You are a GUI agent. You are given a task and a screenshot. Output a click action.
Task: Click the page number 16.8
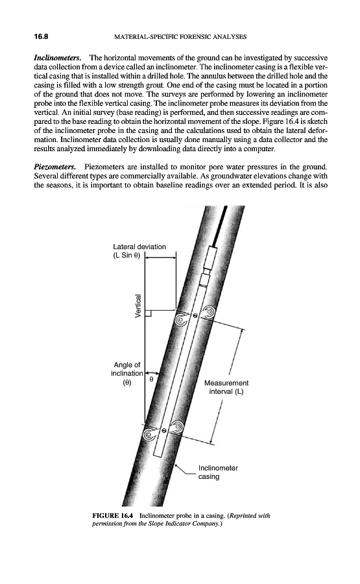point(42,36)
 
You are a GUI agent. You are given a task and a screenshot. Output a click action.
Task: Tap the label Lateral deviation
point(139,247)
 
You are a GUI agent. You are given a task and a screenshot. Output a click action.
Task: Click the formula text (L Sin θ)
point(126,256)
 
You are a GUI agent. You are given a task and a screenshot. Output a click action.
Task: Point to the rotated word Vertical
point(138,306)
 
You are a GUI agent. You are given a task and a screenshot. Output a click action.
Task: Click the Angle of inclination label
point(127,374)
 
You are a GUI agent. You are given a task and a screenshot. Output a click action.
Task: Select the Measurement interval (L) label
point(226,387)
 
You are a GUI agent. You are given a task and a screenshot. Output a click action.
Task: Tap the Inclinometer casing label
point(218,472)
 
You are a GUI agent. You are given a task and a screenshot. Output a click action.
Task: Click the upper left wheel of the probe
point(182,319)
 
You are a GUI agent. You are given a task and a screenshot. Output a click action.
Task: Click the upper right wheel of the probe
point(208,312)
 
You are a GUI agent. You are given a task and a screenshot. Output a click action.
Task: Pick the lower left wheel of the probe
point(150,433)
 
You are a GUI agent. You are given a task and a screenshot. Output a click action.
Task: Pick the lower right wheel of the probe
point(176,426)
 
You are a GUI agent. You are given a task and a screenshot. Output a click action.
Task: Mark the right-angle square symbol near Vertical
point(148,313)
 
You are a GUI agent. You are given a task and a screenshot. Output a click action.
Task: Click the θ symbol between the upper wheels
point(195,316)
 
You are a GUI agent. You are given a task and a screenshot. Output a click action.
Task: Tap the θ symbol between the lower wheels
point(163,430)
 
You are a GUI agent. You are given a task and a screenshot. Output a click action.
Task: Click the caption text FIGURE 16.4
point(112,516)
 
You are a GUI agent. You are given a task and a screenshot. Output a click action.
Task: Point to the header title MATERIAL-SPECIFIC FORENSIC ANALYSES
point(180,37)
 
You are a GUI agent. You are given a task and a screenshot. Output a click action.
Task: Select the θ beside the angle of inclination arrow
point(151,379)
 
